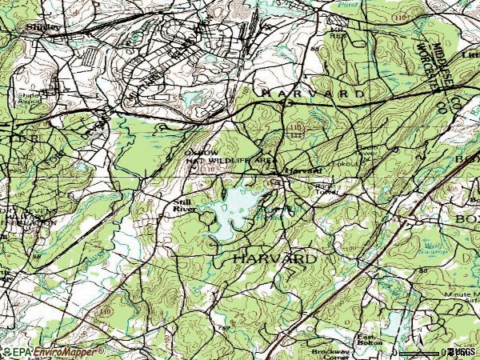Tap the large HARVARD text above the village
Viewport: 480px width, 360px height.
(x=313, y=94)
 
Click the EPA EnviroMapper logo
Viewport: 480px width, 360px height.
(x=53, y=352)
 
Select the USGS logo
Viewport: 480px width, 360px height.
(x=464, y=352)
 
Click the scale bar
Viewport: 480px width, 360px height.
(x=420, y=352)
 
